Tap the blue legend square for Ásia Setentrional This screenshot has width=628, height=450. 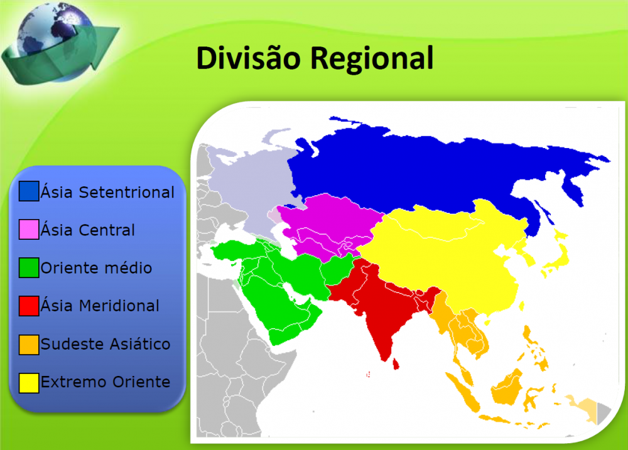(29, 191)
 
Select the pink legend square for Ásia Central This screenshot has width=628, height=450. (29, 230)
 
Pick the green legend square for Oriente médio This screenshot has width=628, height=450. (29, 268)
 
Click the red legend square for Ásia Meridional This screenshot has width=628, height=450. (29, 306)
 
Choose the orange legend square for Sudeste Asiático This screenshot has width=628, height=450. (29, 345)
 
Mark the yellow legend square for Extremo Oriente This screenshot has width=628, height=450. (29, 382)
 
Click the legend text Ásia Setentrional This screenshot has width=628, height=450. (107, 192)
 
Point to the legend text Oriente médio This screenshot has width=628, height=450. (96, 268)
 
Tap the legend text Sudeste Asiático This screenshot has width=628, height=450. (105, 345)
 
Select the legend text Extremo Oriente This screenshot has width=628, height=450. (105, 382)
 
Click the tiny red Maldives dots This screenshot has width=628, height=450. (368, 375)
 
